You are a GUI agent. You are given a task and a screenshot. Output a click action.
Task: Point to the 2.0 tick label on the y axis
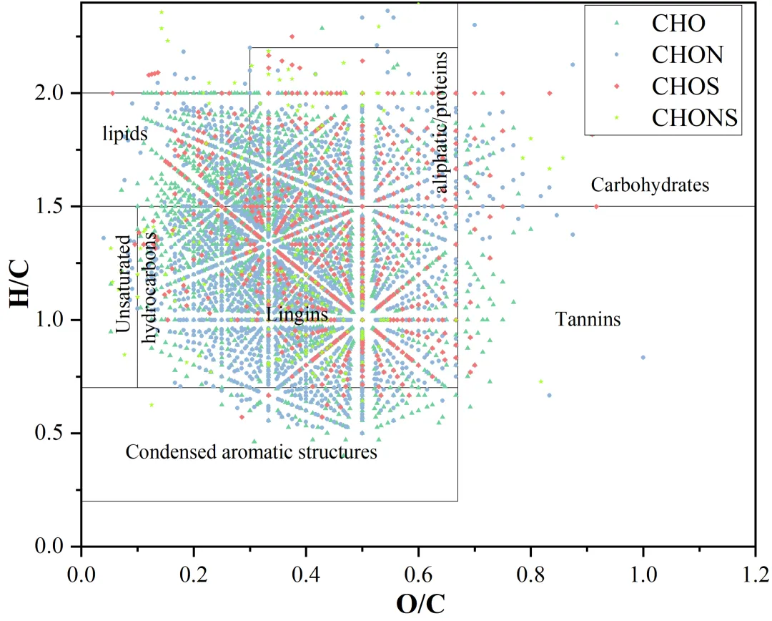pos(55,93)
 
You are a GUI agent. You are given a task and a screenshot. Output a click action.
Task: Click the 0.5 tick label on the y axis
pos(55,433)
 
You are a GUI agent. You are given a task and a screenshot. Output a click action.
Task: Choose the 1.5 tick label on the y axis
pos(55,207)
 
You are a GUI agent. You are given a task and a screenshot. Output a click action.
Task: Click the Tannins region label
pos(588,319)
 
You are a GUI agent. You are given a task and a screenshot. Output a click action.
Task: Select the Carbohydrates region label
pos(650,185)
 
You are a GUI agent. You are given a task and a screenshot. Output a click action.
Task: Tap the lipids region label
pos(124,134)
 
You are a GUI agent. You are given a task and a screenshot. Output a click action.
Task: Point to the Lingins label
pos(297,315)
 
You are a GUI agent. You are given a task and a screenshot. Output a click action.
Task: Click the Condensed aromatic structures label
pos(251,452)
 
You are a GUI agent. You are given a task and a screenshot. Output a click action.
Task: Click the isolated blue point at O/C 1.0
pos(643,357)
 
